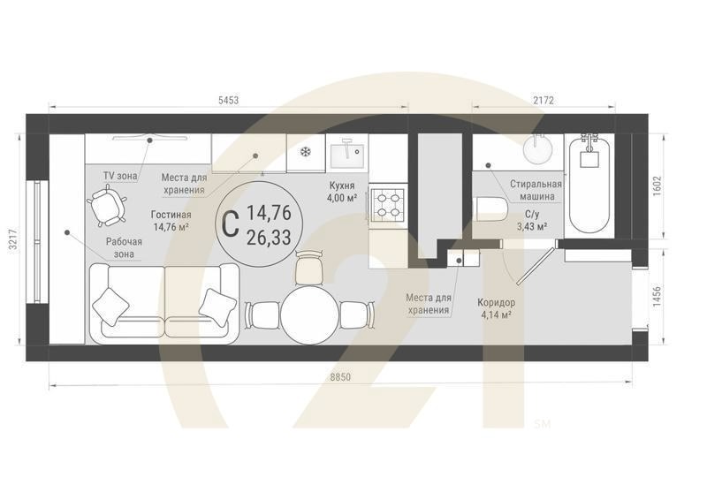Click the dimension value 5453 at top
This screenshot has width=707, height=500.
[228, 100]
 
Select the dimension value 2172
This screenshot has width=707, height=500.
[543, 100]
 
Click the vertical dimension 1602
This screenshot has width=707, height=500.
[656, 186]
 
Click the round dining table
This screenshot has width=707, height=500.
[309, 314]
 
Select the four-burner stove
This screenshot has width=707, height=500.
[387, 204]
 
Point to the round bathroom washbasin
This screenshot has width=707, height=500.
[539, 151]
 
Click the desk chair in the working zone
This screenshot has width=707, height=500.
[106, 208]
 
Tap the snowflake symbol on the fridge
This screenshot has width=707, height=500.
[306, 153]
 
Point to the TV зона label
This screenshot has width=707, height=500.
[120, 176]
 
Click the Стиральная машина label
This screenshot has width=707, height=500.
[532, 190]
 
